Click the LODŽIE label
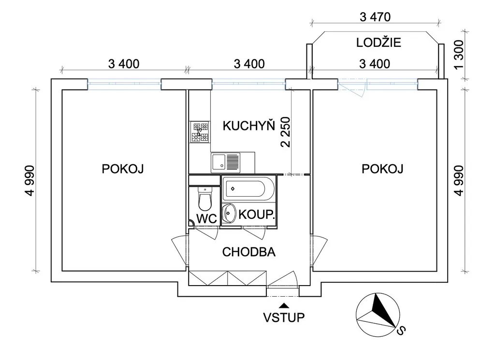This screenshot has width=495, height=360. pos(379,43)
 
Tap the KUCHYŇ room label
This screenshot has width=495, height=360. pos(249,126)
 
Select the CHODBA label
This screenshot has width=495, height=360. pos(249,252)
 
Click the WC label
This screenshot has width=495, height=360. pos(207,218)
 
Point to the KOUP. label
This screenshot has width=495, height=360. pos(257,215)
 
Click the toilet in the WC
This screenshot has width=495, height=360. pos(205,199)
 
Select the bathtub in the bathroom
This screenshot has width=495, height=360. pos(248,188)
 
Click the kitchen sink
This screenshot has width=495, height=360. pos(225,162)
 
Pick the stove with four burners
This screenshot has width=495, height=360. pos(200,131)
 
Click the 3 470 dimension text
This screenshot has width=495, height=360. pos(375,17)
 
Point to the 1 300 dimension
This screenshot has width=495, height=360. pos(460,54)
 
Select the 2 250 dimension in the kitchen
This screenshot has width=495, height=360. pos(285,132)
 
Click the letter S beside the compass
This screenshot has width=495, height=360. pos(401,330)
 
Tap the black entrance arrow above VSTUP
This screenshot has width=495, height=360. pos(284,305)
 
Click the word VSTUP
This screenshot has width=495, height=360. pos(284,317)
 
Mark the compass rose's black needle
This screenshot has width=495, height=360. pos(383,310)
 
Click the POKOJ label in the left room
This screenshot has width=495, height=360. pos(122,169)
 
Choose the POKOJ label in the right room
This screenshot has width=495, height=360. pos(382,169)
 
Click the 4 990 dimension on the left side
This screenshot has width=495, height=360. pos(30,180)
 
